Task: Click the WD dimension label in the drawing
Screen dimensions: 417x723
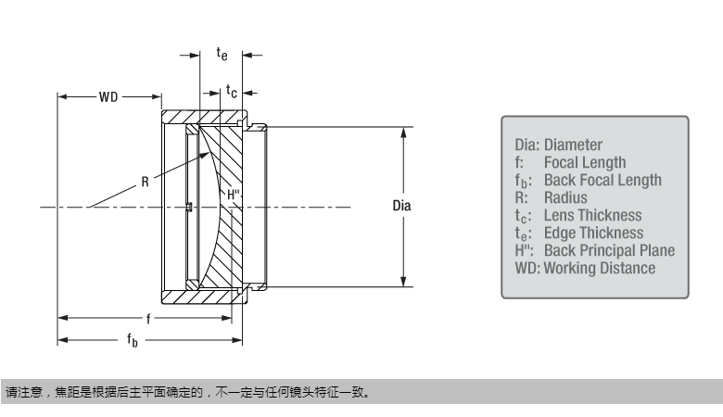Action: click(109, 96)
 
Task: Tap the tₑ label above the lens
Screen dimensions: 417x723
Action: click(222, 55)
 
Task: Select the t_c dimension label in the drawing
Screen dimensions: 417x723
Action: click(233, 92)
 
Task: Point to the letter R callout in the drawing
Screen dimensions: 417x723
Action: click(145, 183)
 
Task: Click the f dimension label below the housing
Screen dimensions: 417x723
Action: click(146, 318)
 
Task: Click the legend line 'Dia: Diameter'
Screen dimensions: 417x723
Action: click(558, 145)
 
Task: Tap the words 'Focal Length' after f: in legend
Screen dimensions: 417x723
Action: click(584, 162)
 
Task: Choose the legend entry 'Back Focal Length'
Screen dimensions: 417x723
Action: click(602, 180)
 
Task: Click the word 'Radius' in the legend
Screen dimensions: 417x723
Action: click(565, 197)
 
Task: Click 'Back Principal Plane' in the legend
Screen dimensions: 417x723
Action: click(609, 250)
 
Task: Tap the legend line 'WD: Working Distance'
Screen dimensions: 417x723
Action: click(584, 268)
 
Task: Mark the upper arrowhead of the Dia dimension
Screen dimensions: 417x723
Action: click(403, 132)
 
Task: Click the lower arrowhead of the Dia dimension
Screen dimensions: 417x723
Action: click(403, 283)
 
